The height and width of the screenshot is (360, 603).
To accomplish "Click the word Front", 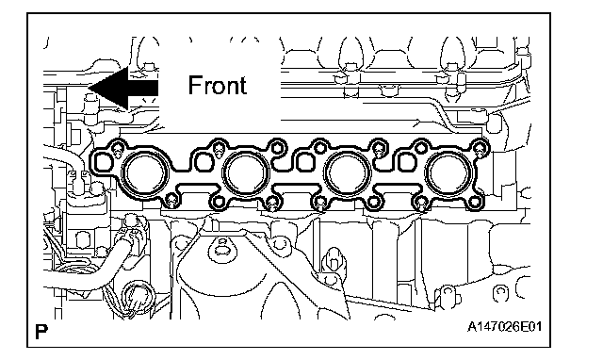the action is (218, 86).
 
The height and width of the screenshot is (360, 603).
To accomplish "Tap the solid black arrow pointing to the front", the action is (123, 88).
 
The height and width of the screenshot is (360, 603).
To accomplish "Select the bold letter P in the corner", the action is (41, 332).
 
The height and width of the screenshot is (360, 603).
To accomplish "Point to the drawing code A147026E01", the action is (504, 327).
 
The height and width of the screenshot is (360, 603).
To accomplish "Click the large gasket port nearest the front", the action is (144, 173).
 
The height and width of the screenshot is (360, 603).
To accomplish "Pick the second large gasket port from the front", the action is (246, 173).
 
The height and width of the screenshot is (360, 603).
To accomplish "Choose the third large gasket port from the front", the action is (348, 173).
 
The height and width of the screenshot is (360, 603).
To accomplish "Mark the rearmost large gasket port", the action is (448, 173).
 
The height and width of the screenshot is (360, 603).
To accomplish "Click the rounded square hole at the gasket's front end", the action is (103, 162).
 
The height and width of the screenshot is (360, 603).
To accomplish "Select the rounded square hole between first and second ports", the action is (204, 162).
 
